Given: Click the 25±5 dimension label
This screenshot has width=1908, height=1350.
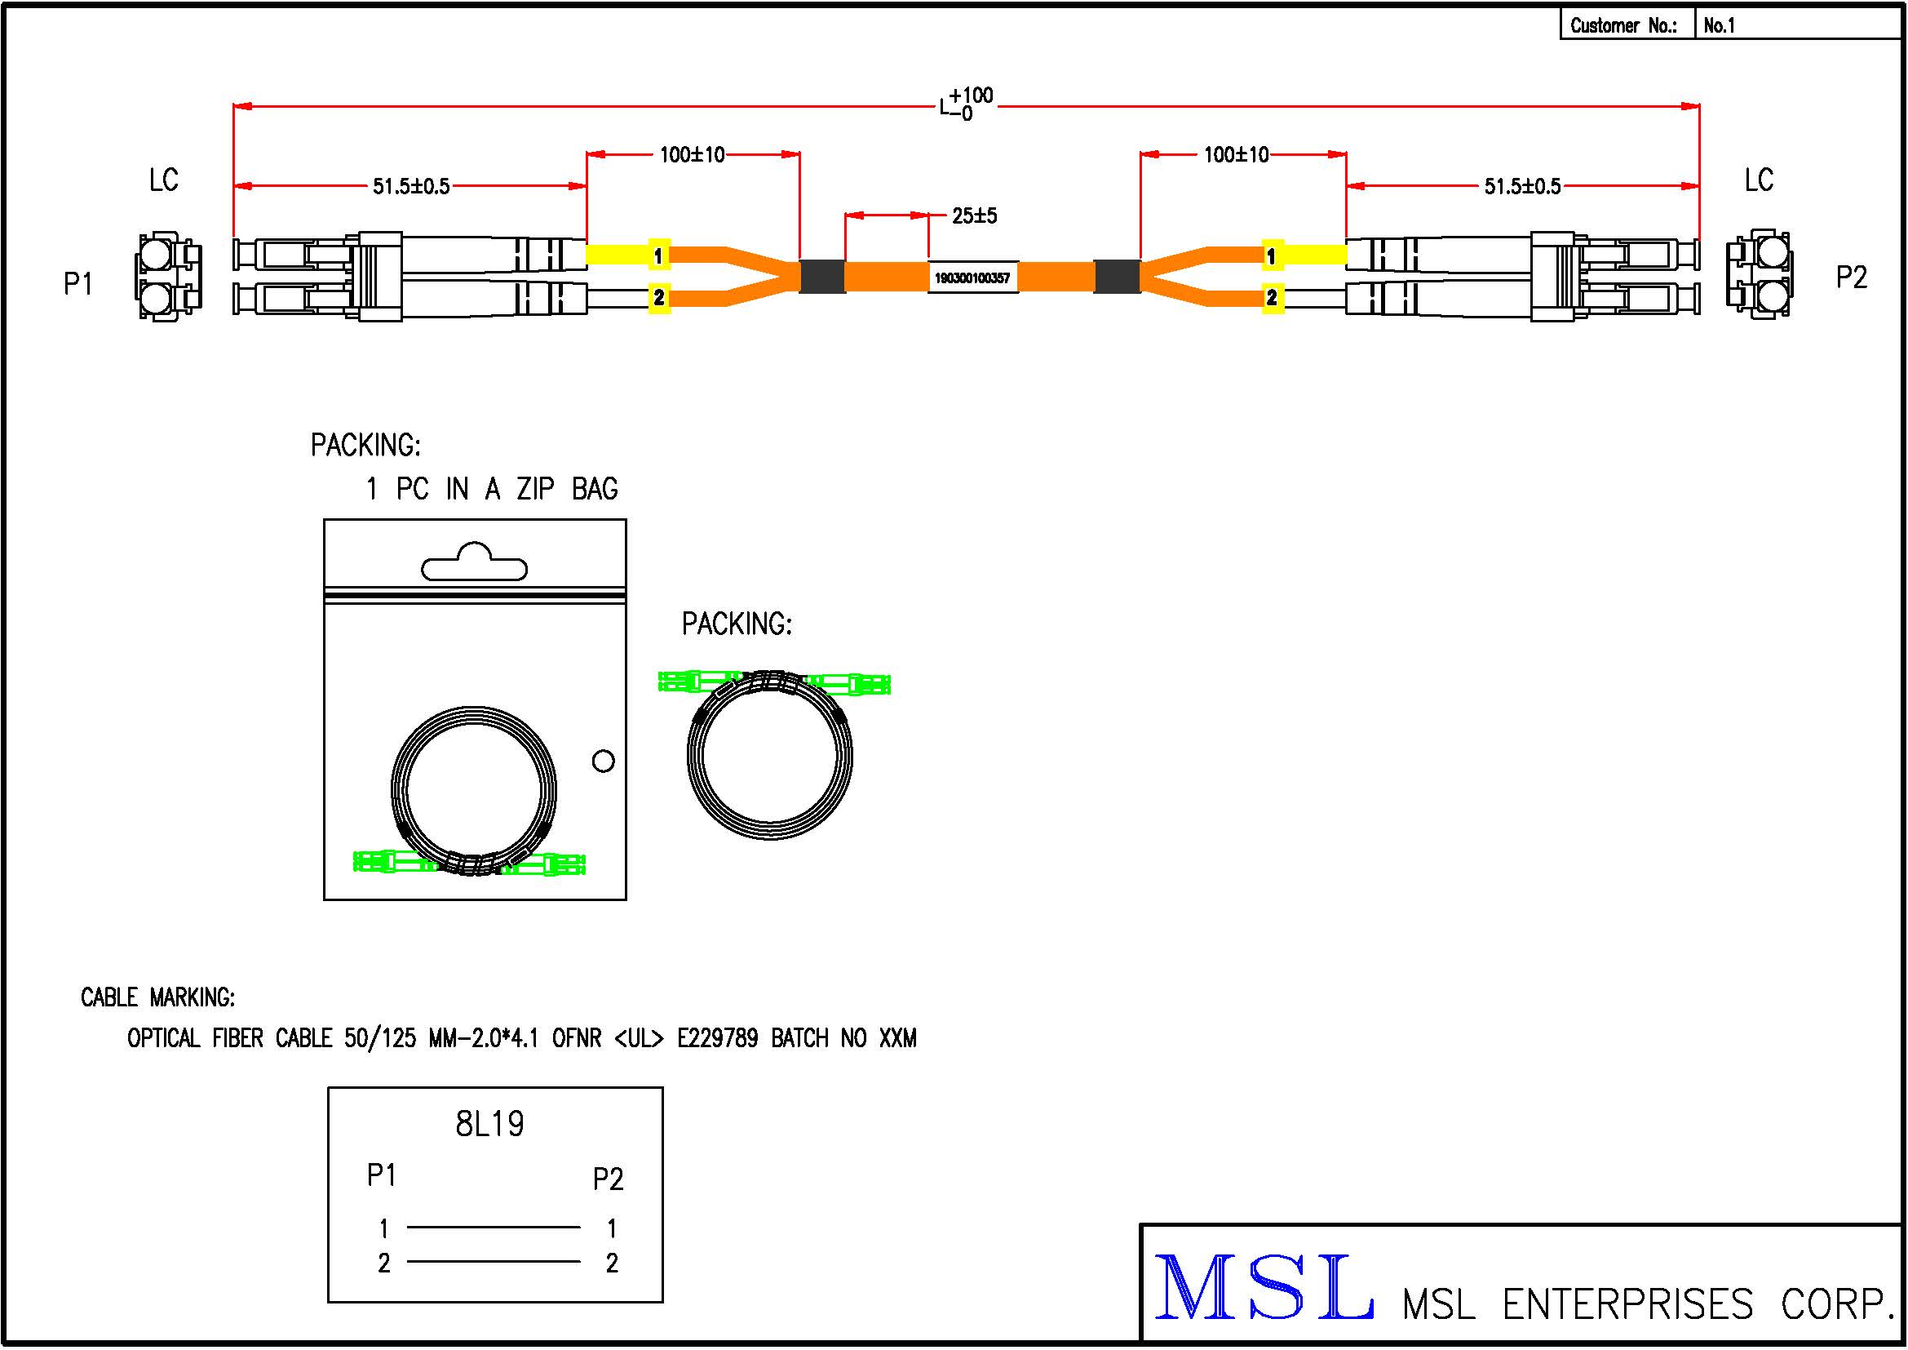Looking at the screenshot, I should coord(974,216).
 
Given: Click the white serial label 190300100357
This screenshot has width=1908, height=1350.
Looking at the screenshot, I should coord(972,278).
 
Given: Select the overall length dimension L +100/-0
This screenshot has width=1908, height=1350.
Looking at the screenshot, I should coord(966,104).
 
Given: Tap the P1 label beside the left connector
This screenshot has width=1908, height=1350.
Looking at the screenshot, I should coord(78,283).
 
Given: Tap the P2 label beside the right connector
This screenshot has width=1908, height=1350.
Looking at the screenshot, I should coord(1851,277).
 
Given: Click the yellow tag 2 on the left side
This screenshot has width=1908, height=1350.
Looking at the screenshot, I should coord(658,297).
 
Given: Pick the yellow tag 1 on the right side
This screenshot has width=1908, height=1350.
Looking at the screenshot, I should coord(1271,255).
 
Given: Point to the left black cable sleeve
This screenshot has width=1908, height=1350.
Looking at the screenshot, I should coord(822,277).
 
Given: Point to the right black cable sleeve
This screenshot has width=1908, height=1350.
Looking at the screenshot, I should coord(1117,277).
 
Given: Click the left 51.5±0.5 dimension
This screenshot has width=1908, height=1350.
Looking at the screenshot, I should coord(410,186).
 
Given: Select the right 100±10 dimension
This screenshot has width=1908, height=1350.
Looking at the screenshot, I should coord(1236,154).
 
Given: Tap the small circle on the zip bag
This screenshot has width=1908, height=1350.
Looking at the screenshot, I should coord(604,761).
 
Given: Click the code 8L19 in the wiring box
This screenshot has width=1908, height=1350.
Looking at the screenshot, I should coord(489,1124).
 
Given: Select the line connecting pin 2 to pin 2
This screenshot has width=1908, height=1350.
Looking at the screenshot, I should coord(494,1262).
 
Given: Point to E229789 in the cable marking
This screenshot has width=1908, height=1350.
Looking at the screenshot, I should coord(717,1038).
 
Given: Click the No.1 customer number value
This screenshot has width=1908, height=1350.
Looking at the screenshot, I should coord(1719,26).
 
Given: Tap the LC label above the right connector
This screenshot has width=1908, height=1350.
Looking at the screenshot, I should coord(1759,180).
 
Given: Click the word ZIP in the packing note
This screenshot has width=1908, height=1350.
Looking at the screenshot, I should coord(534,489).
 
